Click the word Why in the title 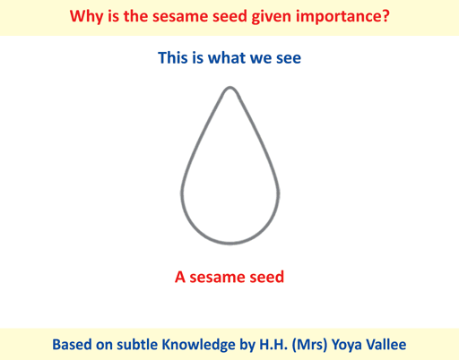[x=87, y=17]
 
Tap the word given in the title [x=271, y=17]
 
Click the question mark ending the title [x=385, y=16]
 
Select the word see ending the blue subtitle [x=289, y=59]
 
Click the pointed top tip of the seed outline [x=230, y=87]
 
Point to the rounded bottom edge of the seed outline [x=230, y=243]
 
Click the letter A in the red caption [x=180, y=277]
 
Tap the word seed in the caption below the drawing [x=266, y=277]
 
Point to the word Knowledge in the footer [x=198, y=345]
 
